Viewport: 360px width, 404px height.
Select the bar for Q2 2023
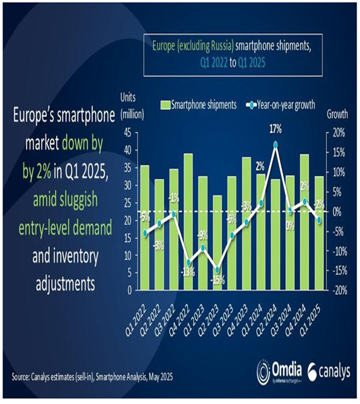pyautogui.click(x=217, y=242)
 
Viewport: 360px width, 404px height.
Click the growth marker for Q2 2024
pyautogui.click(x=276, y=145)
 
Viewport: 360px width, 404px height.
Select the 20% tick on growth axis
pyautogui.click(x=337, y=133)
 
